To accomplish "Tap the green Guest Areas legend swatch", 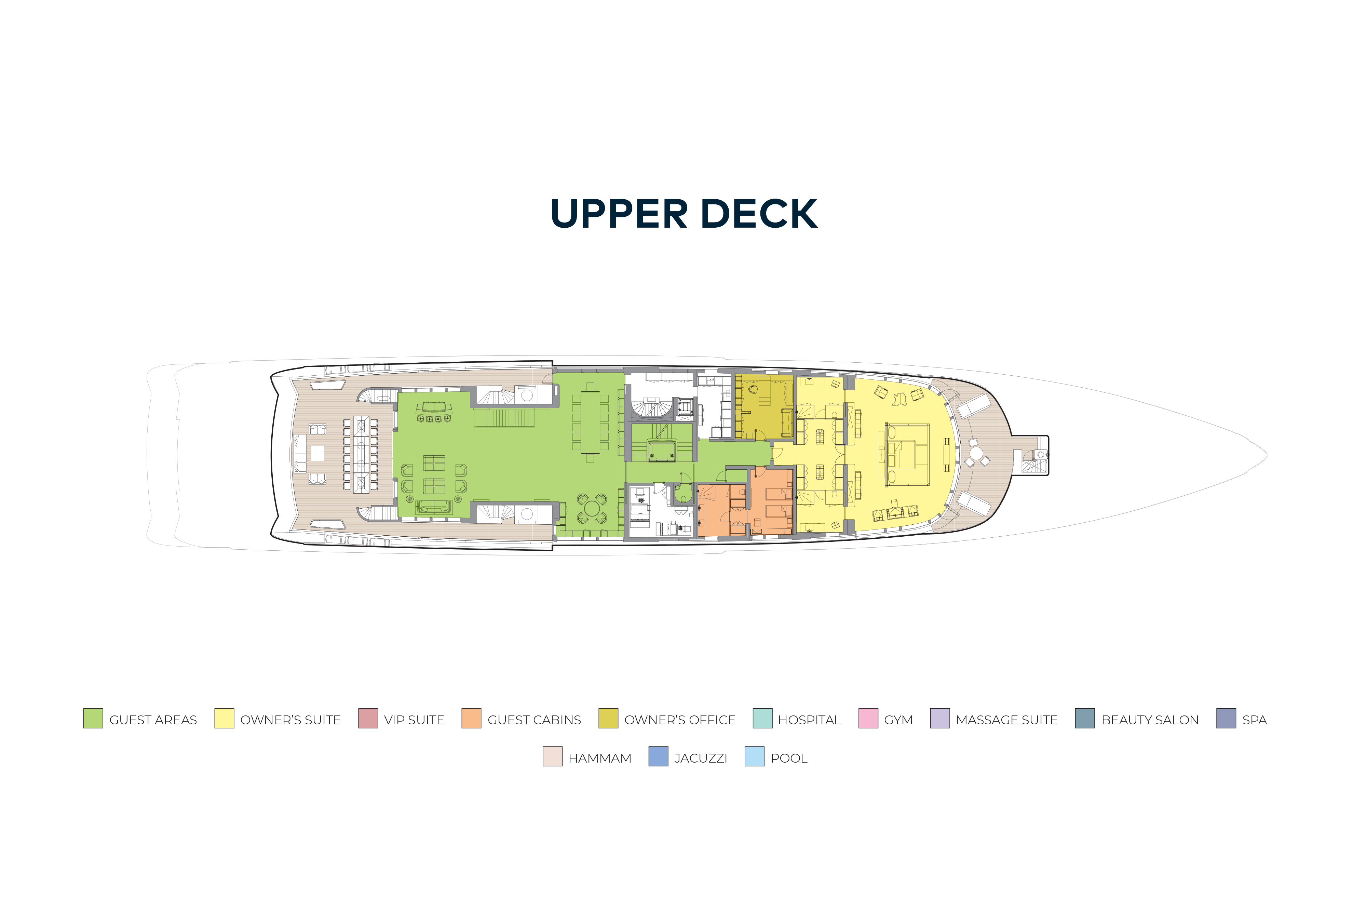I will click(x=93, y=718).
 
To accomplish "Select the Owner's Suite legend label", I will click(x=290, y=720).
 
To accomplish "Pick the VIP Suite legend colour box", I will click(x=368, y=718).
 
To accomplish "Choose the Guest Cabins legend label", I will click(x=534, y=720).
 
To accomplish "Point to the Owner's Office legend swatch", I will click(x=608, y=718).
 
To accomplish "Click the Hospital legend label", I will click(x=809, y=720).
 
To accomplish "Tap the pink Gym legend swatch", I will click(x=868, y=718).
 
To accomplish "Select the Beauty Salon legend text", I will click(x=1150, y=720).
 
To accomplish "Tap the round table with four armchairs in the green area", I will click(x=592, y=508).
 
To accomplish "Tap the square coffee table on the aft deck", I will click(x=317, y=453).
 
